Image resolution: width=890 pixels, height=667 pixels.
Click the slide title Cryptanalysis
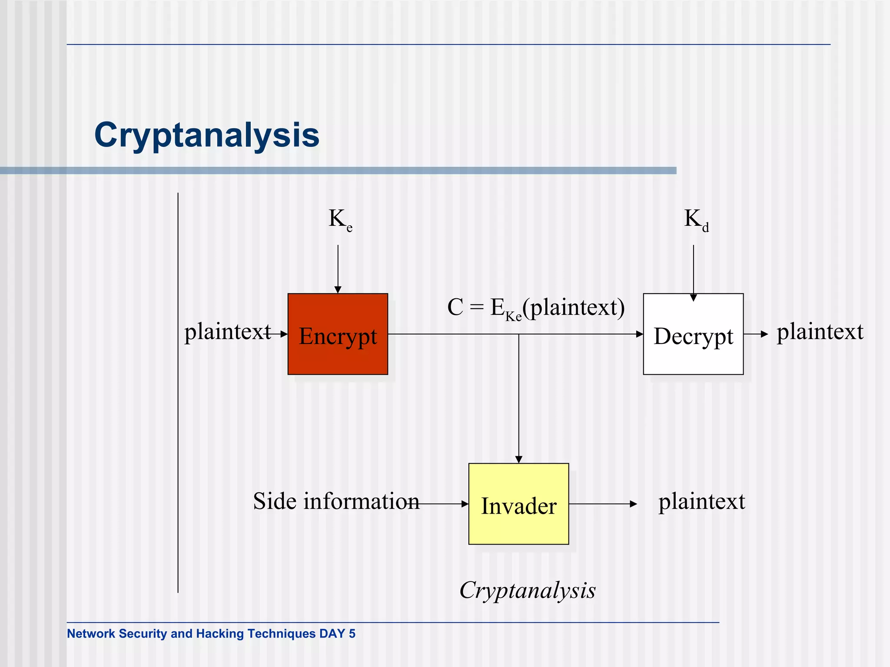click(207, 135)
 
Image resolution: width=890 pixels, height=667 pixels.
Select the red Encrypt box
click(338, 334)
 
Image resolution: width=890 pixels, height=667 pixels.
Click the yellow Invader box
click(518, 504)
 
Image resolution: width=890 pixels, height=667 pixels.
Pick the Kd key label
click(696, 220)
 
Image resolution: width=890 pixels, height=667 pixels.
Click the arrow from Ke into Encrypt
click(338, 269)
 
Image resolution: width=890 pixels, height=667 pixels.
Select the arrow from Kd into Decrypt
click(693, 271)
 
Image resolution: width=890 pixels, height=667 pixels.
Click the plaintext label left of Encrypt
click(227, 332)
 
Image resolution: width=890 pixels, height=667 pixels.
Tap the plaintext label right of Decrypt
click(820, 332)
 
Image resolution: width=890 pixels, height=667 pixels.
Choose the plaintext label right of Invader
click(701, 502)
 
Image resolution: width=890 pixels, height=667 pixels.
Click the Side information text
click(336, 502)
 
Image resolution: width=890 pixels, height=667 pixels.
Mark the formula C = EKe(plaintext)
click(536, 308)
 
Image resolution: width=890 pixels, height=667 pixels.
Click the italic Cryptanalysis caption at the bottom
click(527, 591)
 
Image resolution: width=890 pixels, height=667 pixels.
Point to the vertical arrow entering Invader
click(518, 400)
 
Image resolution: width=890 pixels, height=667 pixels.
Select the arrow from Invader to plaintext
click(603, 504)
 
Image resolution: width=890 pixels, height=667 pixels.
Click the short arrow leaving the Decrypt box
click(756, 334)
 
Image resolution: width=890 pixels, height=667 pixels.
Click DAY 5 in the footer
click(337, 634)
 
